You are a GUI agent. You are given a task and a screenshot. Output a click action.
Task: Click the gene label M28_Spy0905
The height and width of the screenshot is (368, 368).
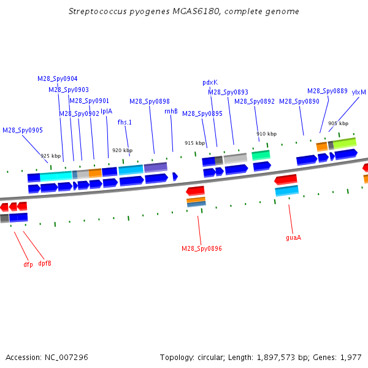tap(23, 130)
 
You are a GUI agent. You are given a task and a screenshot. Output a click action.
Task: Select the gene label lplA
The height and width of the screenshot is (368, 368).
tap(106, 111)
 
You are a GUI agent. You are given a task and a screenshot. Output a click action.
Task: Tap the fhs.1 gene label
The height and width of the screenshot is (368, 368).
tap(125, 122)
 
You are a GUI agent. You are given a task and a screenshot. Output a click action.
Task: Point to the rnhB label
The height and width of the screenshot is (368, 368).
tap(171, 111)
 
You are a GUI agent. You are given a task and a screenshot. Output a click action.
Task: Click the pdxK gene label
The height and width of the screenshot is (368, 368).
tap(210, 83)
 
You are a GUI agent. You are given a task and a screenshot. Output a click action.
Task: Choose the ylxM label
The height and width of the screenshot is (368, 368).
tap(359, 92)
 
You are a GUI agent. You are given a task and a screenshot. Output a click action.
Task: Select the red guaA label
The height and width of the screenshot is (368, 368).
tap(293, 238)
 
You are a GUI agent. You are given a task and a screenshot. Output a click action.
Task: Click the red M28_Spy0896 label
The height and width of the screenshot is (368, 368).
tap(202, 248)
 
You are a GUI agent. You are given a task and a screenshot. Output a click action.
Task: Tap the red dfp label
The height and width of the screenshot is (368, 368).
tap(28, 264)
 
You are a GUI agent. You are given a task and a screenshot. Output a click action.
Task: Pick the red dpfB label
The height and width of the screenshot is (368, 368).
tap(45, 263)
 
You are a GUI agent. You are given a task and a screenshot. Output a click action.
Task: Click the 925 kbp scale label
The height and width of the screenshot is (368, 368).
tap(50, 156)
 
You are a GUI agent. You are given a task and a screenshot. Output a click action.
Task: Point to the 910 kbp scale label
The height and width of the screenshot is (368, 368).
tap(266, 134)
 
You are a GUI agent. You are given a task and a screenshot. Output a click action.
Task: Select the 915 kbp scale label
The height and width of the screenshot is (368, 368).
tap(194, 143)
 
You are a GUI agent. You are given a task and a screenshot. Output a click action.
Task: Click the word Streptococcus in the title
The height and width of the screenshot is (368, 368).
tap(98, 12)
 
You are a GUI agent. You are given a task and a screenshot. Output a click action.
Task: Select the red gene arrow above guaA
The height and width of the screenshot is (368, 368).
tap(286, 180)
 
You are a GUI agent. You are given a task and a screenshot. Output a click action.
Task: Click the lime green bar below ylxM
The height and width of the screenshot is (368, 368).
tap(345, 144)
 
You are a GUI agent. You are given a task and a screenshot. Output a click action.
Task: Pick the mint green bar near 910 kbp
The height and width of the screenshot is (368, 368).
tap(261, 155)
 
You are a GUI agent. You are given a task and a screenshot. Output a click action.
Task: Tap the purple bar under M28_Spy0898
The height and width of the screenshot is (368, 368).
tap(155, 167)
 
